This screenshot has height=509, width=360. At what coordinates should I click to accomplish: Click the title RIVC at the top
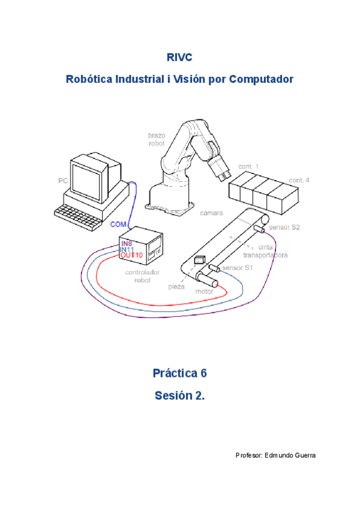179,57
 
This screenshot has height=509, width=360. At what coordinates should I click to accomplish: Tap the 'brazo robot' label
157,139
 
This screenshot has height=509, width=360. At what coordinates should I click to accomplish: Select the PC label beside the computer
62,180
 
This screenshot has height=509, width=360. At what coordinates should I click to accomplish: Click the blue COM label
118,224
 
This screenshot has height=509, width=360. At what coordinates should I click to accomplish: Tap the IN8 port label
127,244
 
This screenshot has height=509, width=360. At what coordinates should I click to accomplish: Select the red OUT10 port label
131,255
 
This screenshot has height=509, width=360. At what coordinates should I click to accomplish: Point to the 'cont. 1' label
248,166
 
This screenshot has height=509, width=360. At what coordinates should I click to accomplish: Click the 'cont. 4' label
299,180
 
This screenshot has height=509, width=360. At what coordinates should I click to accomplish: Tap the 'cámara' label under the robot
211,212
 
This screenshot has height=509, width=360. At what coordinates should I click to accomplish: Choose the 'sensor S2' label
284,228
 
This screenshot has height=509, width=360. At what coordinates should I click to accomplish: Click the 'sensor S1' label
238,268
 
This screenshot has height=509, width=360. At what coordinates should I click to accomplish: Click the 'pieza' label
176,287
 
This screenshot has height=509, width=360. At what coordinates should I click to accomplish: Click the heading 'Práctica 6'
179,373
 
